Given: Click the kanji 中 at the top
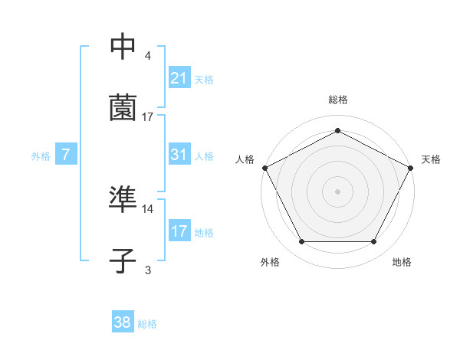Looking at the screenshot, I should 123,47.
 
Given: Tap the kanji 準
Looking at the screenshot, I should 123,201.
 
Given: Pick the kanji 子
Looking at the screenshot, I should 123,260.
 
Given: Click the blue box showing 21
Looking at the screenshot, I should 179,77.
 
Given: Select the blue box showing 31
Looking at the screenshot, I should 179,155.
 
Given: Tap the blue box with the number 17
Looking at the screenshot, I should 179,231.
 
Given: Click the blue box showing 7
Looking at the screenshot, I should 66,155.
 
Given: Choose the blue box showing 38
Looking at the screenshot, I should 123,323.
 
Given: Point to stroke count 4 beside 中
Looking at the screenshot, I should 148,56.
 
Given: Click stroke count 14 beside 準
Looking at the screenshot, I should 148,208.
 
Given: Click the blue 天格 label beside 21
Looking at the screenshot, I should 204,79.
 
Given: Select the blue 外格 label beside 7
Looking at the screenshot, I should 41,155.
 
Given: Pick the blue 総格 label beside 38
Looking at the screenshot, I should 147,324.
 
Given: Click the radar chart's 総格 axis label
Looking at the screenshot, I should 338,100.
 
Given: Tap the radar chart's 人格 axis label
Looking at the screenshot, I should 245,159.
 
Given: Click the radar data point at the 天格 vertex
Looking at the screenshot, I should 412,167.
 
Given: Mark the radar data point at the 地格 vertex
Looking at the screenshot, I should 374,242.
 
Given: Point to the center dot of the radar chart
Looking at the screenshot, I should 337,191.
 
